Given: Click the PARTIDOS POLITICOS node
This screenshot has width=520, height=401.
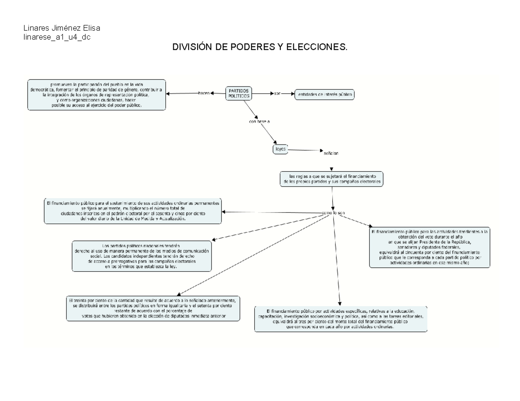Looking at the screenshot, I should [x=239, y=93].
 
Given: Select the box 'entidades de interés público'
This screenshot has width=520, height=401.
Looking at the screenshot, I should [x=324, y=94].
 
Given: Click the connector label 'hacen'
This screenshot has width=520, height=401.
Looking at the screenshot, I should [x=204, y=93].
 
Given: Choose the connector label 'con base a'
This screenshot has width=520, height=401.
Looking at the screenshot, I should [x=259, y=122].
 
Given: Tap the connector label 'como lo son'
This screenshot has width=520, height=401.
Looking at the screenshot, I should [x=333, y=213].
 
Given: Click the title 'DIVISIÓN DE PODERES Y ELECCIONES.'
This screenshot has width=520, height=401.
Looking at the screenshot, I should [x=260, y=47].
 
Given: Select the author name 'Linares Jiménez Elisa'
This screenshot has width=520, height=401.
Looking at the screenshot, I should [x=62, y=29].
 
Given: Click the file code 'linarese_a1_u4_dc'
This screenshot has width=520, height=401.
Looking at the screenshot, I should [x=57, y=37].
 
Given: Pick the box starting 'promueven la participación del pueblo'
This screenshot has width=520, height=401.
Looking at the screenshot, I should [x=96, y=95].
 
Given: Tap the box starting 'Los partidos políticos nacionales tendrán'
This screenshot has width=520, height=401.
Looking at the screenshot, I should [x=142, y=256].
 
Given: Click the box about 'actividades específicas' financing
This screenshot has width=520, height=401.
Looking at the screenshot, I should [x=341, y=319].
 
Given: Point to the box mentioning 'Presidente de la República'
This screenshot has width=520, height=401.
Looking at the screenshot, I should [x=429, y=247].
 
